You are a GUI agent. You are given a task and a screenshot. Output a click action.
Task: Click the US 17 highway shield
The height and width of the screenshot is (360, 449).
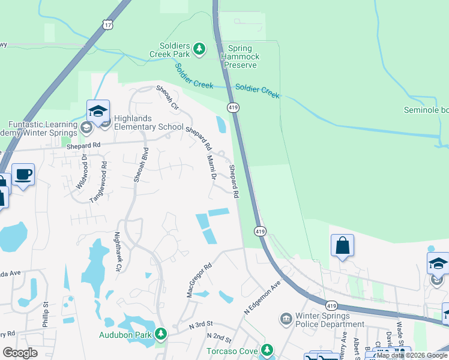(107, 25)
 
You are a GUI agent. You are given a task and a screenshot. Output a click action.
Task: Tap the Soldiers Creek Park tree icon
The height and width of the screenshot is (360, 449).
(200, 49)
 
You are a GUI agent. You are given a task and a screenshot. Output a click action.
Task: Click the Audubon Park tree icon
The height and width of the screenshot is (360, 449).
(160, 334)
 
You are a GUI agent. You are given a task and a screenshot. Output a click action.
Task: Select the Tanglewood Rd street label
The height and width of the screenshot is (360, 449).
(98, 181)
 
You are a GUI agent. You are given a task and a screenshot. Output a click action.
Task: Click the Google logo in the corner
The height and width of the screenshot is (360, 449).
(20, 352)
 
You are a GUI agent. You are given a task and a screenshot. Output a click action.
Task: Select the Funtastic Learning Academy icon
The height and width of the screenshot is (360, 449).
(86, 127)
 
